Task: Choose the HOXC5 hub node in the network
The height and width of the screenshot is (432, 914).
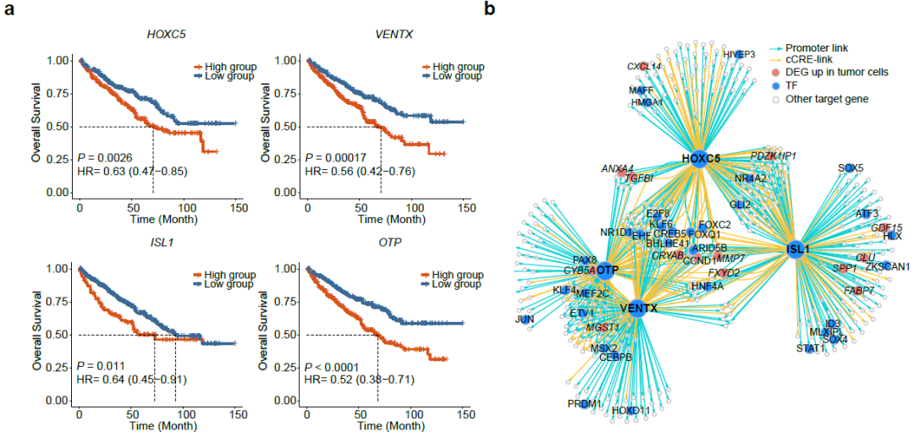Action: click(700, 158)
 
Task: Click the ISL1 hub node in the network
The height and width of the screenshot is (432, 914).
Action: click(797, 249)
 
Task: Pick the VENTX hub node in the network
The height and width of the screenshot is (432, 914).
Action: click(638, 309)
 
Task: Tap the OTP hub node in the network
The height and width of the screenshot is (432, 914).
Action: click(604, 271)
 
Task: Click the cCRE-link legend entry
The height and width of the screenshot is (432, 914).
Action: click(807, 59)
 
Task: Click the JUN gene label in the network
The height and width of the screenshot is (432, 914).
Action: click(525, 319)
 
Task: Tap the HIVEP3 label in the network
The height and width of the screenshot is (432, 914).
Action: click(740, 55)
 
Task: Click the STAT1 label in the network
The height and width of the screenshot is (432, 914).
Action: click(810, 348)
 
